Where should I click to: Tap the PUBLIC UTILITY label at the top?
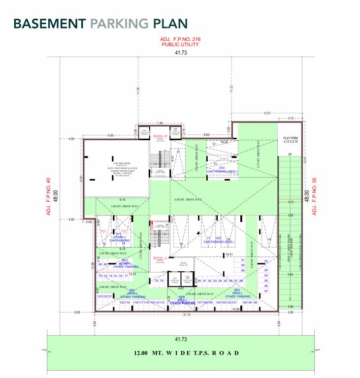[180, 44]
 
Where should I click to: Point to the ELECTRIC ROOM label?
[121, 162]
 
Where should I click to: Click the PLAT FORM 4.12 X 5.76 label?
[291, 140]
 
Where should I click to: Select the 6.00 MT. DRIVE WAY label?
[188, 199]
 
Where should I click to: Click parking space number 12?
[214, 144]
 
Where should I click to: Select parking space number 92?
[266, 261]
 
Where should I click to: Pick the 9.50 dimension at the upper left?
[111, 135]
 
